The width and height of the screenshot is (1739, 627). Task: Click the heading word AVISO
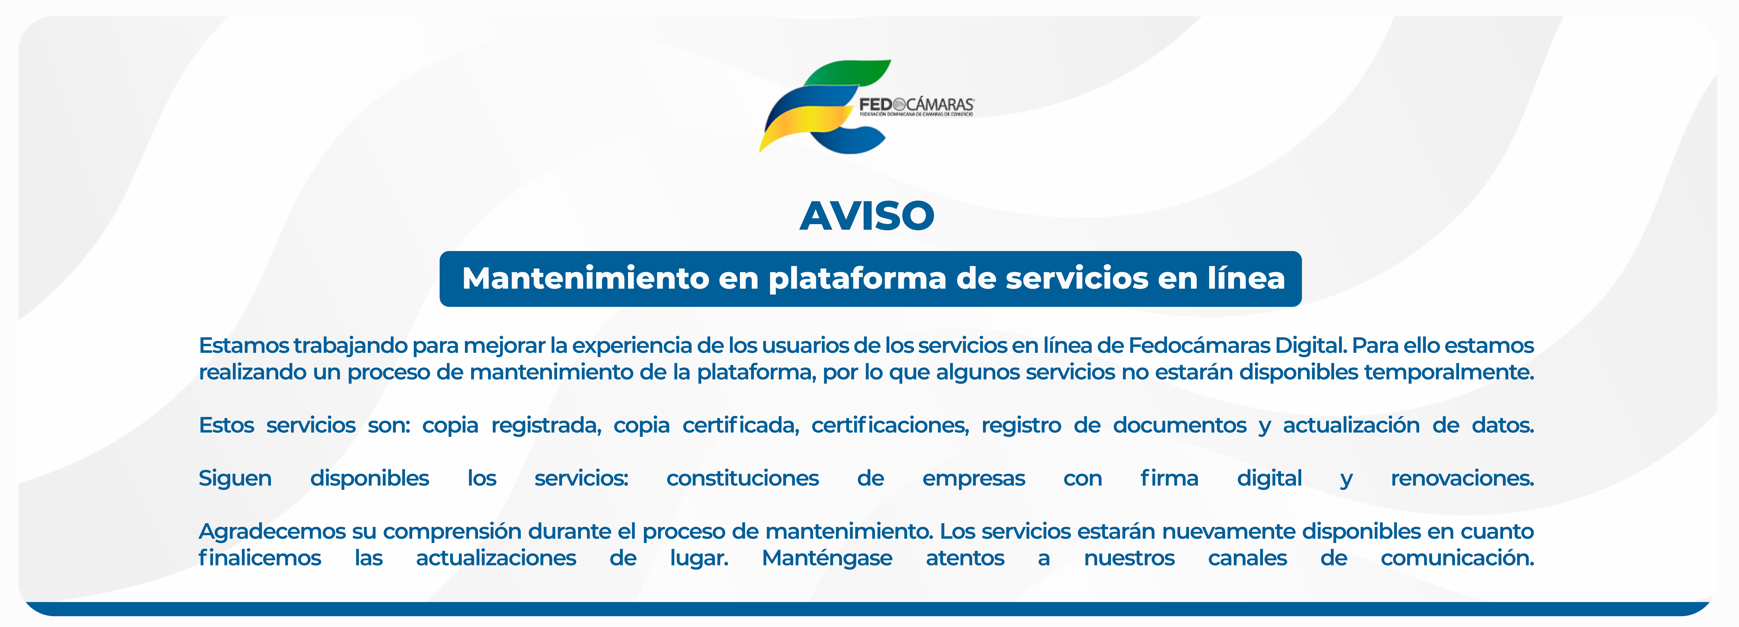click(867, 216)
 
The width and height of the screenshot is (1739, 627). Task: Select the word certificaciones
click(890, 425)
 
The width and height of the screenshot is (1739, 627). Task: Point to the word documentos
click(1179, 425)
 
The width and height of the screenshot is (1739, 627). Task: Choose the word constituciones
click(742, 478)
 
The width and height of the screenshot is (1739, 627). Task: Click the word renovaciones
click(1462, 478)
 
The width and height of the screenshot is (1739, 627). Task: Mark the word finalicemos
click(260, 558)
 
